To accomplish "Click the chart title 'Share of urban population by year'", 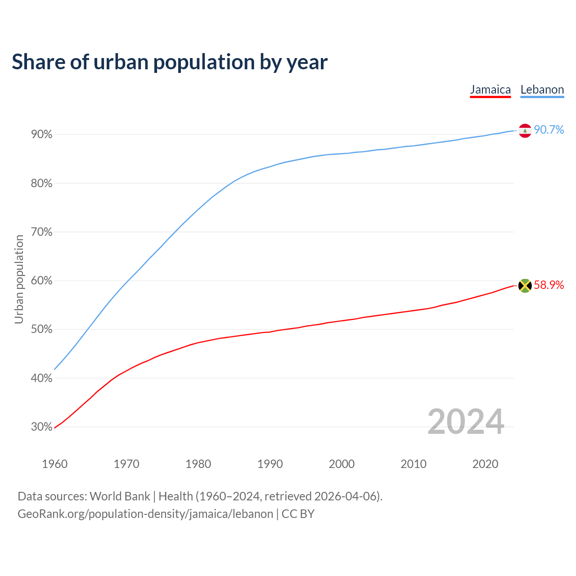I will [x=170, y=62].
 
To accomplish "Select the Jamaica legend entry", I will [x=490, y=90].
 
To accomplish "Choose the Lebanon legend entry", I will [x=542, y=90].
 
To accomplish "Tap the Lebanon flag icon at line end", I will [x=525, y=130].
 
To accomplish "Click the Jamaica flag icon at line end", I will [x=525, y=285].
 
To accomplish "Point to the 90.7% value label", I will [x=549, y=130].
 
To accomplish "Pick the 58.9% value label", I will [x=549, y=285].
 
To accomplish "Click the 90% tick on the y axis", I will [x=42, y=135].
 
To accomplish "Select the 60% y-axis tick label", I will [x=42, y=281].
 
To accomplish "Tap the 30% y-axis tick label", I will [x=42, y=427].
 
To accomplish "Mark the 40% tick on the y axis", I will [x=42, y=378].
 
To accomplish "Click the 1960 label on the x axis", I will [x=54, y=464].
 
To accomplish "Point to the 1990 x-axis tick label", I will [x=270, y=464].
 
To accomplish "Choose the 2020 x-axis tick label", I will [x=485, y=464].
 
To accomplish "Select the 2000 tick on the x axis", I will [x=342, y=464].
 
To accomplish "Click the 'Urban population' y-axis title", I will [x=19, y=279].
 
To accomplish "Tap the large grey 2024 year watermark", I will [x=466, y=422].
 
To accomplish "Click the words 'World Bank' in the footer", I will [x=120, y=496].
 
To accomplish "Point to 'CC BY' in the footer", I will [x=298, y=514].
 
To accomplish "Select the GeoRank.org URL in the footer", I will [x=145, y=514].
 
